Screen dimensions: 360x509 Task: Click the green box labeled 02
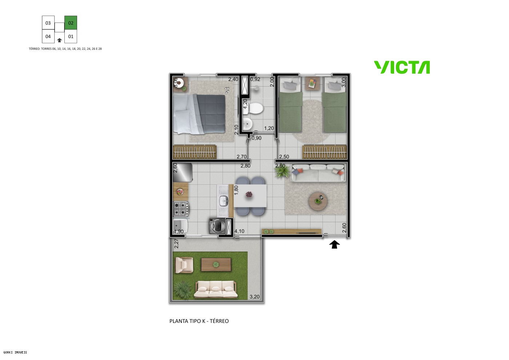71,23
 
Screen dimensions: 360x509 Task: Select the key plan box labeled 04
48,36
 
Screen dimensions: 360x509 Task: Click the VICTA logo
402,68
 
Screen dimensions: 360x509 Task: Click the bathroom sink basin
248,124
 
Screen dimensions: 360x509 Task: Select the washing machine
217,226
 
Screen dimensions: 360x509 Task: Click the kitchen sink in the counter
223,200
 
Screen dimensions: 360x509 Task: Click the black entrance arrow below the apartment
334,245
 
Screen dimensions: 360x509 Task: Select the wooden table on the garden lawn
216,265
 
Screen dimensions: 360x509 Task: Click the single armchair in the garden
184,265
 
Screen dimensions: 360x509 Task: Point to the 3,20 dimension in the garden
254,297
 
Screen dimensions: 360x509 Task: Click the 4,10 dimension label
239,231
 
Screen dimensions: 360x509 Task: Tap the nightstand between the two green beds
312,83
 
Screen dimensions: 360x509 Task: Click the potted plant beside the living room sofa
282,172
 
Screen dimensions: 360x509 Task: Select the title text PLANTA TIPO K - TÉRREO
199,321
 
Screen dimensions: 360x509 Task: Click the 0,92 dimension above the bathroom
255,79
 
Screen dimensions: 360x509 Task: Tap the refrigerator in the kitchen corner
183,172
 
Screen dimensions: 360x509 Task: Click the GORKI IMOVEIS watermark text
15,352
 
